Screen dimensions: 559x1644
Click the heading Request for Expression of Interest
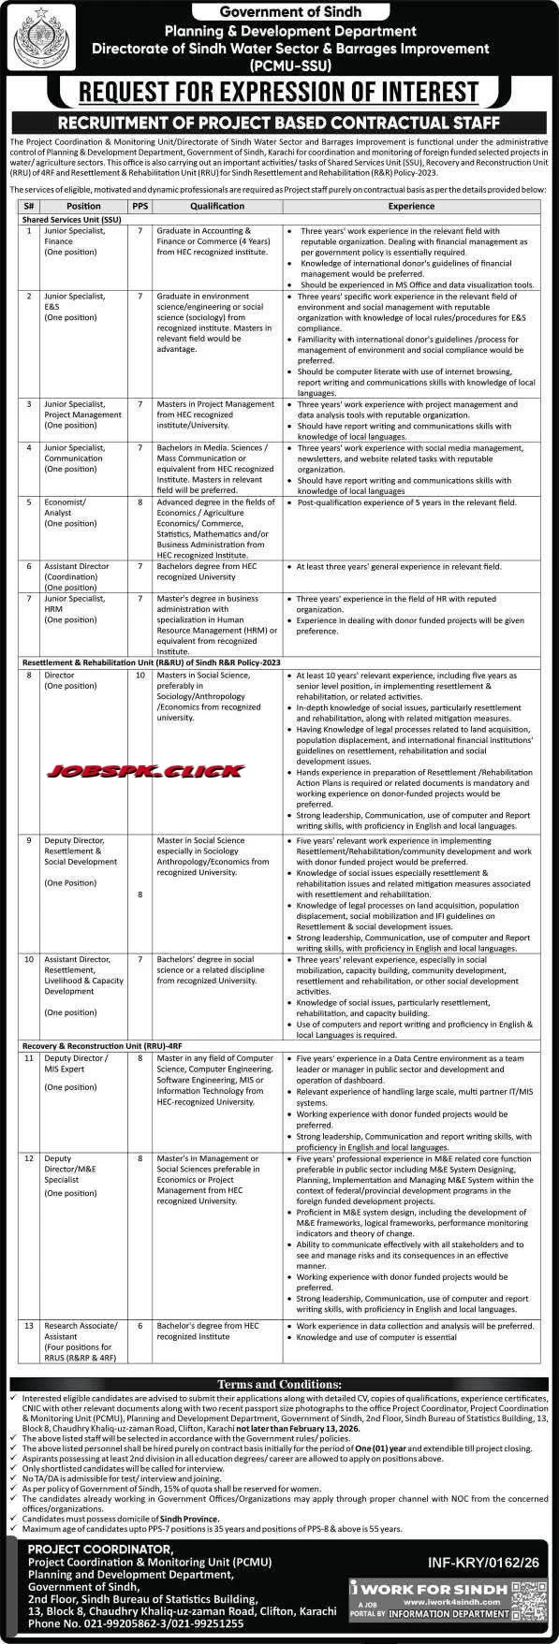[x=279, y=92]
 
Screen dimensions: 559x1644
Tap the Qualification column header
[x=217, y=206]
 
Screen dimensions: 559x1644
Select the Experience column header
[x=412, y=206]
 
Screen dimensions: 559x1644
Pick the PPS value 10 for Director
[x=140, y=674]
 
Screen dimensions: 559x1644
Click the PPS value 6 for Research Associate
[x=140, y=1327]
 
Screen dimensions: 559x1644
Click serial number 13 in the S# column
[x=29, y=1327]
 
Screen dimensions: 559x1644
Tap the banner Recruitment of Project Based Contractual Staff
[x=279, y=123]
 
